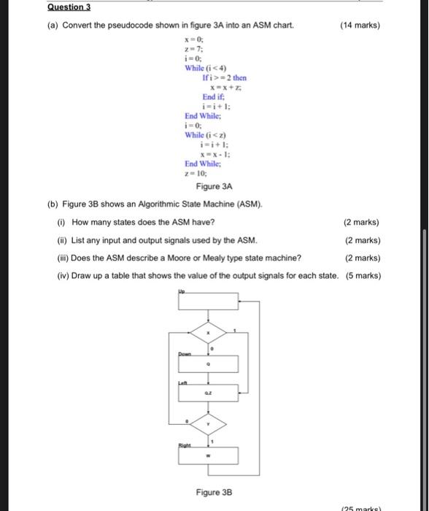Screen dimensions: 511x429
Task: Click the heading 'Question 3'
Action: click(x=69, y=7)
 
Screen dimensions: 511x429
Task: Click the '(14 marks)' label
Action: click(x=360, y=26)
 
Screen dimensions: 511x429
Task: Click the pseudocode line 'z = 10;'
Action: click(x=196, y=174)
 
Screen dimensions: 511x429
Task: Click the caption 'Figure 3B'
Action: click(x=214, y=492)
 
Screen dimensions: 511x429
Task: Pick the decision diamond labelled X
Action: click(x=209, y=333)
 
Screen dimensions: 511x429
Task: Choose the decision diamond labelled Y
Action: click(x=209, y=423)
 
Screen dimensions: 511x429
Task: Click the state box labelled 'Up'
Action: click(x=209, y=302)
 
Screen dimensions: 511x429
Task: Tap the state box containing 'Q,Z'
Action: click(x=209, y=393)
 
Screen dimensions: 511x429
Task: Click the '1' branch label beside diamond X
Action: click(x=234, y=329)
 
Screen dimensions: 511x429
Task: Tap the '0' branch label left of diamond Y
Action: click(x=187, y=420)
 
